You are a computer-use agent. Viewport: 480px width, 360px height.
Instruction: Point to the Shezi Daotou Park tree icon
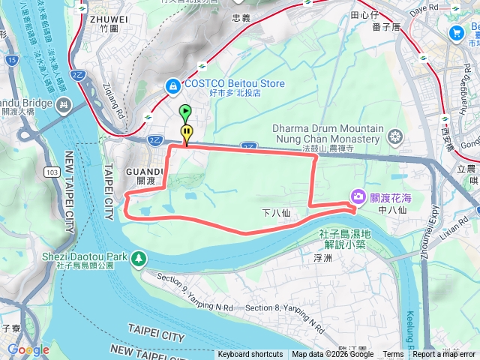pos(138,259)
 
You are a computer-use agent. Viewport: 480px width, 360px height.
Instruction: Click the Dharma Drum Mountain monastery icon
pos(395,136)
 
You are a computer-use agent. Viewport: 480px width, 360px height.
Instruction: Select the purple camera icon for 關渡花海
pos(358,196)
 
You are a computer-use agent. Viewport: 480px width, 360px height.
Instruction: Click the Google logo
pos(28,349)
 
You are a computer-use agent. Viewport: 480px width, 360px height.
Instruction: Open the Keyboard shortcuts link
pos(250,355)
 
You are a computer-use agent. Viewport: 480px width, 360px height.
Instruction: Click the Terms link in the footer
pos(393,355)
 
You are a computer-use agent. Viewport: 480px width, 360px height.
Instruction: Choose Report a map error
pos(444,355)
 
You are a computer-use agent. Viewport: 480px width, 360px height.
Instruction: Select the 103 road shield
pos(52,172)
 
